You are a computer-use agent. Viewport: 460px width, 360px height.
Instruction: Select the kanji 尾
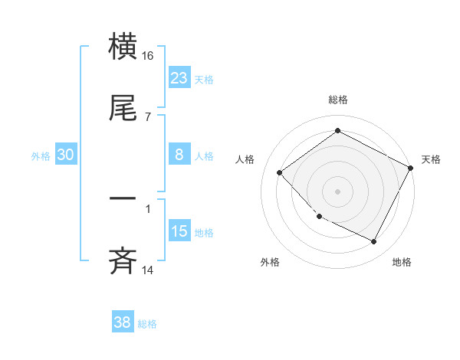pos(123,109)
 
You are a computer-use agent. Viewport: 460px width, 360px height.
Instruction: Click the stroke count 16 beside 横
pos(148,55)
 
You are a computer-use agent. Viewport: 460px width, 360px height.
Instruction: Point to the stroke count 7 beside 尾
pos(148,117)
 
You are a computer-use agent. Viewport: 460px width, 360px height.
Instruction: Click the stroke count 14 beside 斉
pos(148,270)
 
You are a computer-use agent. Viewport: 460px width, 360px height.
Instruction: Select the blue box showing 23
pos(179,78)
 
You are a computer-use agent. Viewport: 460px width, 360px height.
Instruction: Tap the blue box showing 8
pos(179,155)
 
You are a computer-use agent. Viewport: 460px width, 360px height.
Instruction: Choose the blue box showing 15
pos(179,231)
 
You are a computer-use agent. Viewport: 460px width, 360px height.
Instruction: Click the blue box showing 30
pos(66,155)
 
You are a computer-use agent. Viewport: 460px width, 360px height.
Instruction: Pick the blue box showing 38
pos(123,322)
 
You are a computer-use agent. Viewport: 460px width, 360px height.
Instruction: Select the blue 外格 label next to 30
pos(41,156)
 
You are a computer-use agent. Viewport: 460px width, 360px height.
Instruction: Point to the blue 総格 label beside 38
pos(147,324)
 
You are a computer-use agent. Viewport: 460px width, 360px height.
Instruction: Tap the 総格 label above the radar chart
pos(338,100)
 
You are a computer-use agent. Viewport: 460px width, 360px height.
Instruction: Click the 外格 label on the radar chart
pos(270,262)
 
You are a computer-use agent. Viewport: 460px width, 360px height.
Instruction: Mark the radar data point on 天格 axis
pos(411,169)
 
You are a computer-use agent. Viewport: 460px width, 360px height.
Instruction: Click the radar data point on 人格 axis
pos(280,172)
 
